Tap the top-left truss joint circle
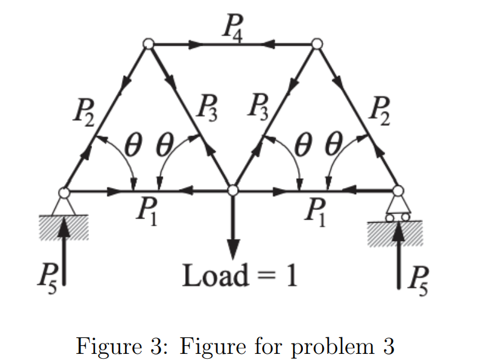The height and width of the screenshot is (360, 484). [x=148, y=44]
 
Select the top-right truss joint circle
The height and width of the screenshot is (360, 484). [x=316, y=44]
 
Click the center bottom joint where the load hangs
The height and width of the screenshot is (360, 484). [x=232, y=190]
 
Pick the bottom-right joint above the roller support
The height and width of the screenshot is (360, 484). [x=398, y=191]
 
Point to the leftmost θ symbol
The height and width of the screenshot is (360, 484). [x=133, y=147]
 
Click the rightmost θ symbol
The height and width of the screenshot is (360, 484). [x=333, y=147]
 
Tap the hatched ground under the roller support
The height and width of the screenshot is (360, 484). [x=395, y=232]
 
